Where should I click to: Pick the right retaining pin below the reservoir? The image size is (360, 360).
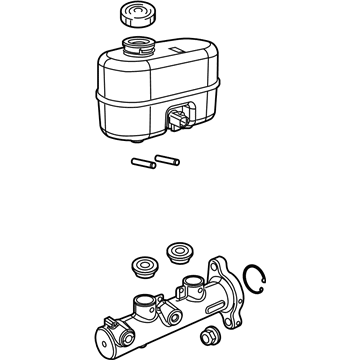pyautogui.click(x=169, y=157)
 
